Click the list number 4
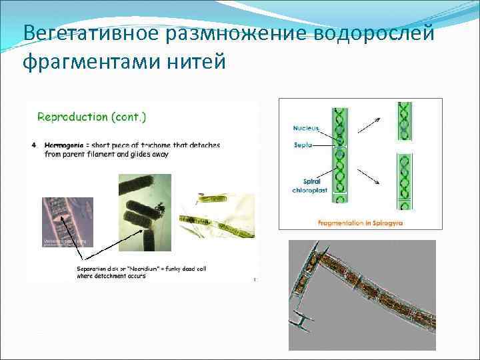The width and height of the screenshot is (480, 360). tap(34, 145)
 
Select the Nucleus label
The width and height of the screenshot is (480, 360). tap(305, 128)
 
